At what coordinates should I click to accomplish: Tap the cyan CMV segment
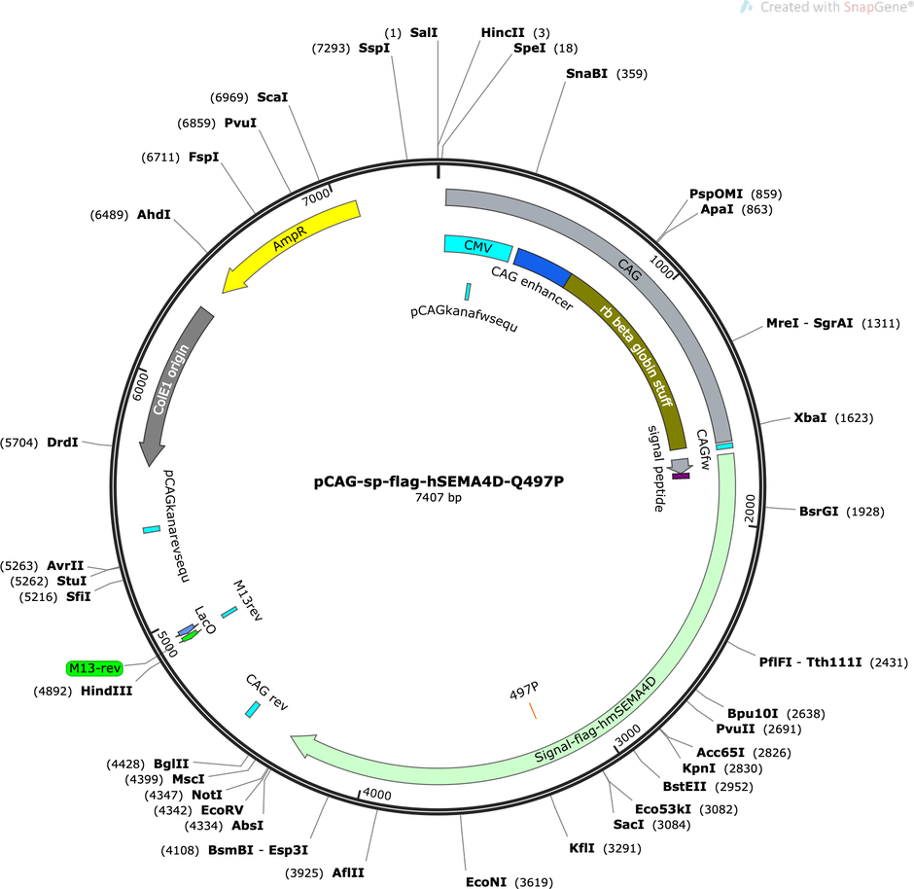pos(478,247)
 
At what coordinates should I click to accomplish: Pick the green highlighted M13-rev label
pos(94,667)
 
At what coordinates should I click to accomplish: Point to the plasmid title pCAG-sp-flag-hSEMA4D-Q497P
pos(439,481)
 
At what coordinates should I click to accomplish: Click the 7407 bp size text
pos(439,497)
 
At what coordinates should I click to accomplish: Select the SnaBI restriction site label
pos(586,74)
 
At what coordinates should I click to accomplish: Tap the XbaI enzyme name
pos(810,417)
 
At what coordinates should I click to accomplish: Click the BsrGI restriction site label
pos(819,512)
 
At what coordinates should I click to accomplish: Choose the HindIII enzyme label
pos(106,691)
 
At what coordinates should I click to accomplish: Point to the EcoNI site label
pos(486,882)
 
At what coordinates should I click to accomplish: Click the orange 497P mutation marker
pos(533,711)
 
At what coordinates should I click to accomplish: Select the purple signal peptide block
pos(681,477)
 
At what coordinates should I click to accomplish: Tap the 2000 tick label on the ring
pos(750,509)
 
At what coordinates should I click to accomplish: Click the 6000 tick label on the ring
pos(140,386)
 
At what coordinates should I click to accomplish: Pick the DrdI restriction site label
pos(62,443)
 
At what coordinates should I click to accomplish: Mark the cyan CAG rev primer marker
pos(253,709)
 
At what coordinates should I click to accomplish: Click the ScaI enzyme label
pos(272,96)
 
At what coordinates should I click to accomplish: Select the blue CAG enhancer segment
pos(543,267)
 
